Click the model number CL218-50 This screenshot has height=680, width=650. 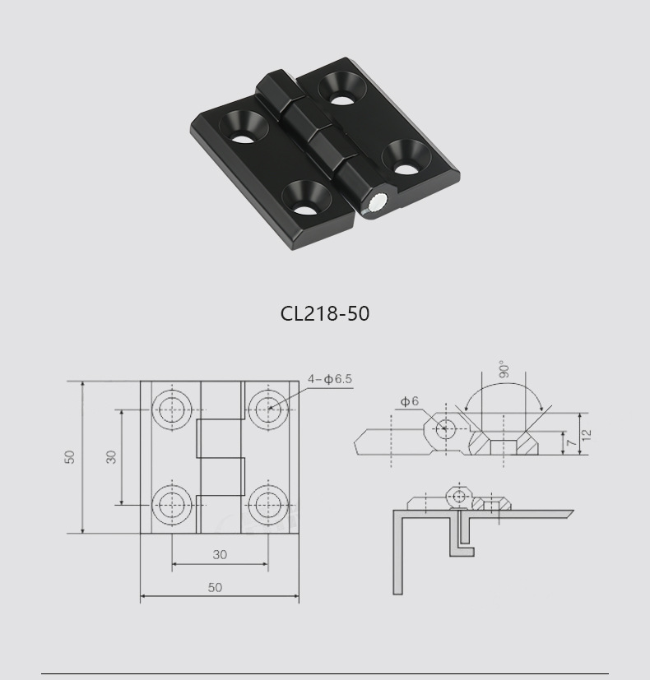[x=325, y=313]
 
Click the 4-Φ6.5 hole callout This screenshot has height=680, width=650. [x=330, y=379]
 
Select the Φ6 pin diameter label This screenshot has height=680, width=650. [x=410, y=401]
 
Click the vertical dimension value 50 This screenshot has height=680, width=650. [x=71, y=456]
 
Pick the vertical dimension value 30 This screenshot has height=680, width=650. [x=111, y=456]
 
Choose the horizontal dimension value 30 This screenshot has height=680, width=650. [x=220, y=555]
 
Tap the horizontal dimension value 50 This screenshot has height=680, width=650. [x=215, y=587]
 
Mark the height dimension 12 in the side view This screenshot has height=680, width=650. [x=586, y=433]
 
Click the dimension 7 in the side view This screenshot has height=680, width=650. [x=570, y=443]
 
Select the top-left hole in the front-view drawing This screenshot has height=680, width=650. [x=173, y=407]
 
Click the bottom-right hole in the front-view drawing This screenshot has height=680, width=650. [x=267, y=503]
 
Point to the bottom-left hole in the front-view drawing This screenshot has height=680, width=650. [x=173, y=503]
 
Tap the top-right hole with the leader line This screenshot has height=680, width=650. [x=267, y=407]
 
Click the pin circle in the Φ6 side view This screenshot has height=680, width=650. [x=445, y=428]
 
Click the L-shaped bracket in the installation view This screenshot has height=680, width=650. [x=398, y=551]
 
